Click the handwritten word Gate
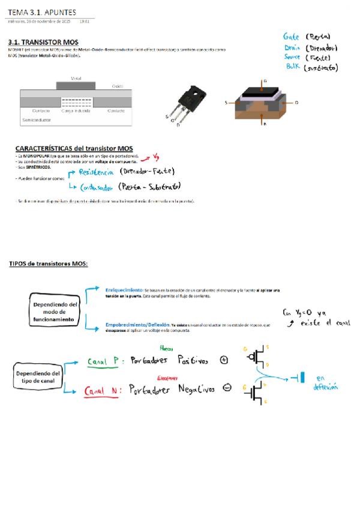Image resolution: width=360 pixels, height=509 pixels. click(x=292, y=37)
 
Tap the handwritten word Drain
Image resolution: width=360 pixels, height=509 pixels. click(x=292, y=47)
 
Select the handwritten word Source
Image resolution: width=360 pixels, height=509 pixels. click(x=293, y=58)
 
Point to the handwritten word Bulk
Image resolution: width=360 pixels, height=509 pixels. click(x=292, y=67)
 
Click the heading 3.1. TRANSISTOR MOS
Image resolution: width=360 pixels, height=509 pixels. click(x=43, y=42)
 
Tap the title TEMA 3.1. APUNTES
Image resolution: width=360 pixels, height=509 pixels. click(x=42, y=12)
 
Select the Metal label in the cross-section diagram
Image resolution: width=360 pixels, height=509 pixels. click(x=76, y=79)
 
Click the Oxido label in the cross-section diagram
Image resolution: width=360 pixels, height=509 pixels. click(x=118, y=86)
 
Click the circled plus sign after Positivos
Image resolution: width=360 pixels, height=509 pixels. click(x=224, y=360)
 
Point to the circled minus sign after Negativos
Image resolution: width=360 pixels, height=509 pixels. click(x=227, y=388)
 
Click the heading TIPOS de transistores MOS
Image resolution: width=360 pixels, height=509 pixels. click(x=48, y=264)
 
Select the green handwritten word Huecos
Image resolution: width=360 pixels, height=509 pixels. click(x=166, y=348)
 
